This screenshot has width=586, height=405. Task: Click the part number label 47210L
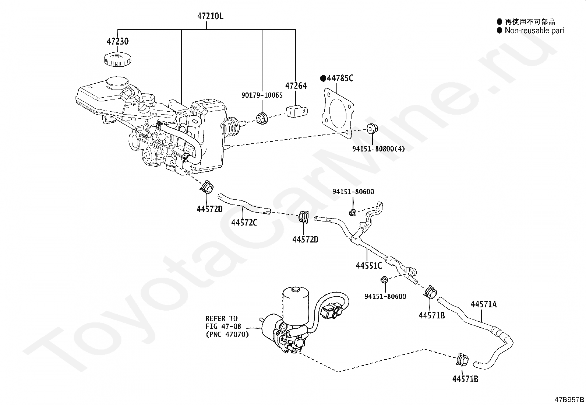click(x=210, y=16)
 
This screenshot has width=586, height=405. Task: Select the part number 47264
click(x=296, y=85)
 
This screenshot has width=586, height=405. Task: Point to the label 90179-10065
click(x=262, y=95)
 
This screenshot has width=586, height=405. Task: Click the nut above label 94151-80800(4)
click(x=372, y=129)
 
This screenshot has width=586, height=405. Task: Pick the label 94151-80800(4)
click(x=378, y=149)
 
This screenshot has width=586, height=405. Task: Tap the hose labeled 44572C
click(x=243, y=204)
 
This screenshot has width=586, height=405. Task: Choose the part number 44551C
click(x=369, y=266)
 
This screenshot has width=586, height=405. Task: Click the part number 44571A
click(x=483, y=304)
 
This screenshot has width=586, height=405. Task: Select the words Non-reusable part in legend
click(x=534, y=31)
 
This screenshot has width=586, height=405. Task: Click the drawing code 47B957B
click(x=569, y=399)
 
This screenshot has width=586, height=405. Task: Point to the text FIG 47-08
click(x=223, y=327)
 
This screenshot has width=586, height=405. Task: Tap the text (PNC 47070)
click(x=227, y=335)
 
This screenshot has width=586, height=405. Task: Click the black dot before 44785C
click(x=323, y=78)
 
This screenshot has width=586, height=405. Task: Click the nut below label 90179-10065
click(x=262, y=118)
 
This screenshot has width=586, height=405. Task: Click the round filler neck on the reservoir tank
click(x=117, y=83)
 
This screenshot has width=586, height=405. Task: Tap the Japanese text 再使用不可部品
click(x=530, y=21)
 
